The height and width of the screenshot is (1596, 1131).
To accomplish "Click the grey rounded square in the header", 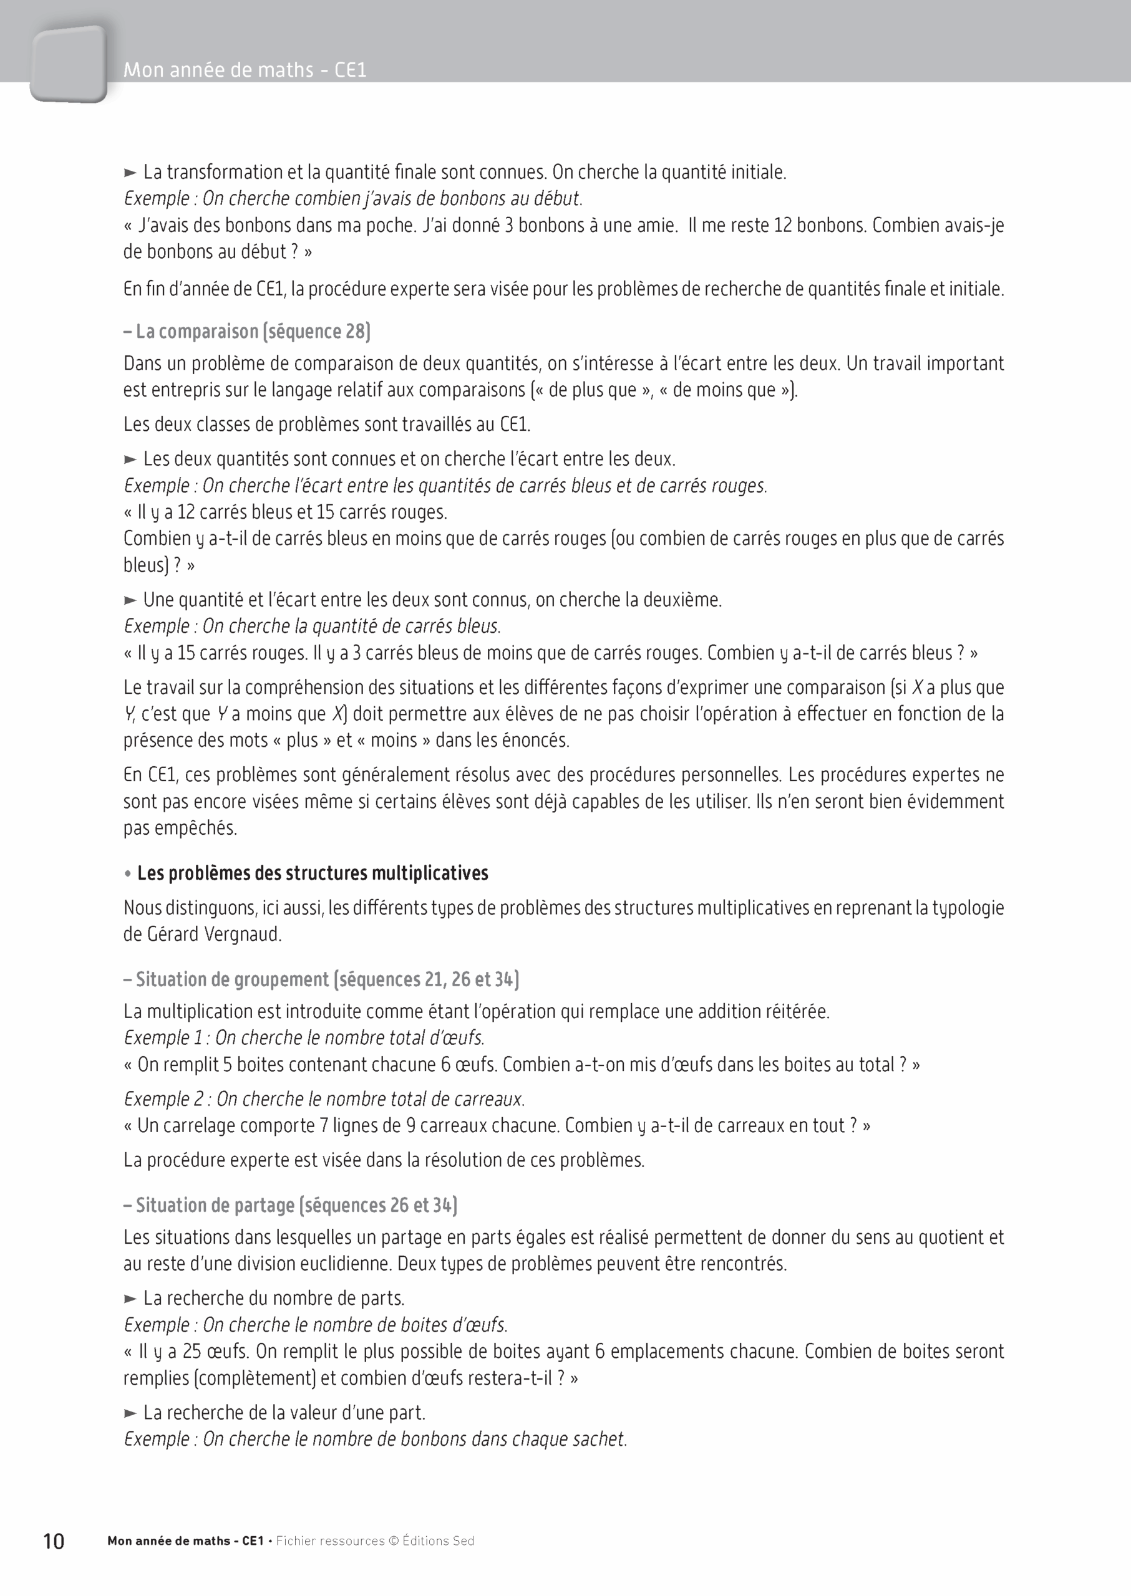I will [x=68, y=64].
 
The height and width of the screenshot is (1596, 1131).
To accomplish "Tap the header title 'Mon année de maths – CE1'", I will [x=245, y=70].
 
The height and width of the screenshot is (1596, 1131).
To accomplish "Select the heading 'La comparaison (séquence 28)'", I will [x=246, y=331].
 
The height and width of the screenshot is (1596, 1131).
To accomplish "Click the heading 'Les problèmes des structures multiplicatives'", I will [x=312, y=873].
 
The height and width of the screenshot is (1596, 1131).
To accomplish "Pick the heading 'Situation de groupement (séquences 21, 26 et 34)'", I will [x=321, y=979].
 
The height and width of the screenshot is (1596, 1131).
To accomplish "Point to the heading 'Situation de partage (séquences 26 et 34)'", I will [x=291, y=1205].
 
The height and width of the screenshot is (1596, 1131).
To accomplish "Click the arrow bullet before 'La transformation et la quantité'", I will [x=130, y=173].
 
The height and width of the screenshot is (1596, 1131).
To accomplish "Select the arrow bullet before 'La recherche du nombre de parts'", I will [x=130, y=1298].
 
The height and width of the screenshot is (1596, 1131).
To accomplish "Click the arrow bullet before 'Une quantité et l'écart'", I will [x=130, y=600].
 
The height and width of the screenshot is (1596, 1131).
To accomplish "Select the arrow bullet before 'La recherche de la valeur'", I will [x=130, y=1413].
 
